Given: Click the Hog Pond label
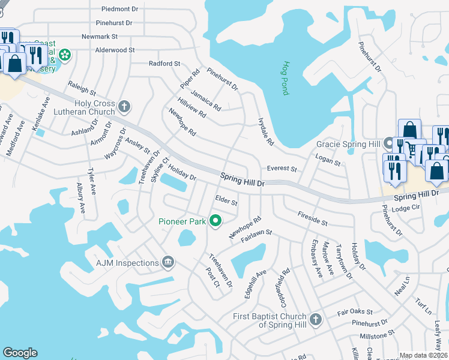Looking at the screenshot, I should click(286, 78).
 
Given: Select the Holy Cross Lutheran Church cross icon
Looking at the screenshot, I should click(124, 106).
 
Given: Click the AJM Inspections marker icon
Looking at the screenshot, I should click(169, 262).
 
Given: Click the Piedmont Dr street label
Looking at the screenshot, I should click(119, 9).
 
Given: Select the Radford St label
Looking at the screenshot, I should click(164, 64).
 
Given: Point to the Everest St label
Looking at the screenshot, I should click(282, 170).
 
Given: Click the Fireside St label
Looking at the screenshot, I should click(312, 218).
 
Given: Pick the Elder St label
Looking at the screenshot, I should click(226, 200).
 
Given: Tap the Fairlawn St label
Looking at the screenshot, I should click(257, 235).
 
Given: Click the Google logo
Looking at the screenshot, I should click(20, 353).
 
